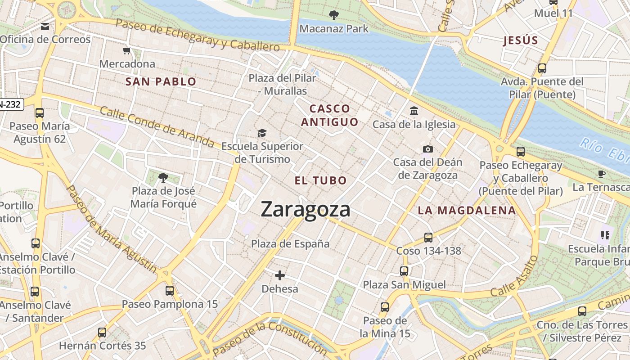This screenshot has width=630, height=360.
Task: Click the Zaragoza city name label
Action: click(306, 210)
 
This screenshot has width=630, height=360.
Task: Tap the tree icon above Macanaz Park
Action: click(333, 16)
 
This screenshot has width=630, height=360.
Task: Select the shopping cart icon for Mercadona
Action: click(127, 50)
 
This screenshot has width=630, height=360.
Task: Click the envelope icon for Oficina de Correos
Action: click(45, 27)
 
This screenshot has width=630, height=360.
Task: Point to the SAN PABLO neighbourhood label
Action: click(161, 81)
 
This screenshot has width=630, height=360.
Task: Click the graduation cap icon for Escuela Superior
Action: click(262, 133)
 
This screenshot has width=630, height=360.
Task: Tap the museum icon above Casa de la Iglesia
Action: click(414, 111)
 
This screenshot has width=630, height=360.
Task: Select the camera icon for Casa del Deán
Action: click(427, 149)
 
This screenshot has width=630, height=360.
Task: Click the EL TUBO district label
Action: click(321, 181)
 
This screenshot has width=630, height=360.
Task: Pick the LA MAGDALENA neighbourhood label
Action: click(467, 210)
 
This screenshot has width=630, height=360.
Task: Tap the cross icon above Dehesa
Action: click(280, 275)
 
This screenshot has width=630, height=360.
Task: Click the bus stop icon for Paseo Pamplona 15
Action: click(170, 291)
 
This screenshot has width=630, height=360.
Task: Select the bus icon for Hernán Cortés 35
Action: click(102, 333)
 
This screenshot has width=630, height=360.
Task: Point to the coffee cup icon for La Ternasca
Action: click(602, 174)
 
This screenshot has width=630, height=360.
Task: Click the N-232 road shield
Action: click(11, 104)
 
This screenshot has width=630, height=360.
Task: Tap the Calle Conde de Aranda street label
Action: click(157, 127)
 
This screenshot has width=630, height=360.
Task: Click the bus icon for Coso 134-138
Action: click(428, 237)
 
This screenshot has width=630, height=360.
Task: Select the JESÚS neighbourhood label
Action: click(521, 40)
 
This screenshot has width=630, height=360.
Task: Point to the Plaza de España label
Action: click(290, 244)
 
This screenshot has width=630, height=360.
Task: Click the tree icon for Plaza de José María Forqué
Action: click(163, 178)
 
